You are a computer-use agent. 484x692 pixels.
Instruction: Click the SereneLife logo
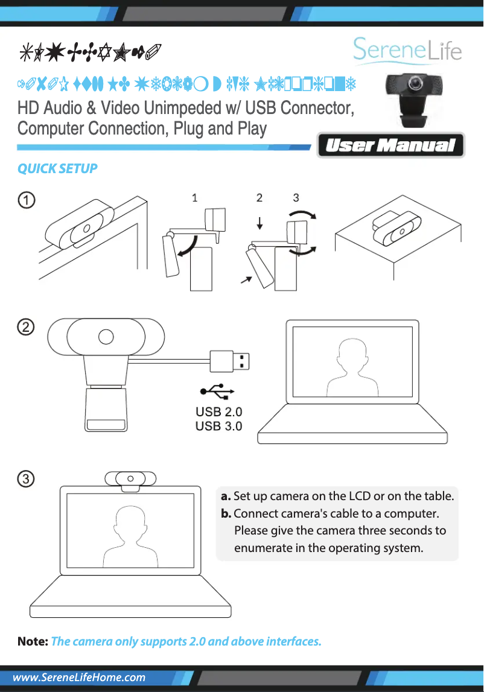pyautogui.click(x=407, y=51)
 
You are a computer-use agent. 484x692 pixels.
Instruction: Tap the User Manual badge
pyautogui.click(x=390, y=145)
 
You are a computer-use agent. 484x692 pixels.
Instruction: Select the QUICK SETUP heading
pyautogui.click(x=57, y=168)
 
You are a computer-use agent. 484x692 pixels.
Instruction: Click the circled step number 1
pyautogui.click(x=25, y=200)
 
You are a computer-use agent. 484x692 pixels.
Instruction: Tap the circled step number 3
pyautogui.click(x=25, y=479)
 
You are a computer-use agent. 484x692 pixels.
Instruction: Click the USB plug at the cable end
pyautogui.click(x=230, y=361)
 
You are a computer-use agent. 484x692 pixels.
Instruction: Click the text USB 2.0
pyautogui.click(x=218, y=413)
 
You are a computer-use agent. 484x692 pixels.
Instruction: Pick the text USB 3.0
pyautogui.click(x=218, y=427)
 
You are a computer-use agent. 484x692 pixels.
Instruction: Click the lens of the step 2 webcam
pyautogui.click(x=106, y=337)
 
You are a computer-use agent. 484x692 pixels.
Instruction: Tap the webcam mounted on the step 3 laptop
pyautogui.click(x=130, y=478)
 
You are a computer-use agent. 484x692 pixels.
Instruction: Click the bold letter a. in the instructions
pyautogui.click(x=226, y=497)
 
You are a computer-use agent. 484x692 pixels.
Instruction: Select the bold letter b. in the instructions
pyautogui.click(x=226, y=514)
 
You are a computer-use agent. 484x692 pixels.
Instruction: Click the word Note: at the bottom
pyautogui.click(x=33, y=641)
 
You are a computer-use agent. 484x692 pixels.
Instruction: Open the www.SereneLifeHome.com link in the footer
pyautogui.click(x=79, y=678)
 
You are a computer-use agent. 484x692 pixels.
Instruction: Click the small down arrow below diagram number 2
pyautogui.click(x=260, y=223)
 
